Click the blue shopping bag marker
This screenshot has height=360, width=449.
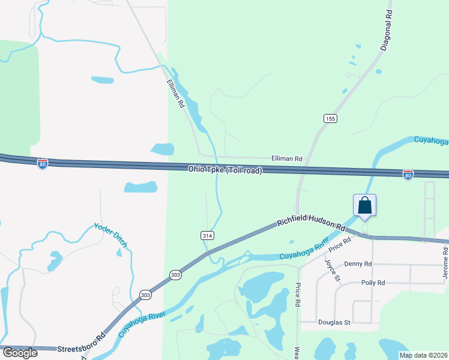click(365, 206)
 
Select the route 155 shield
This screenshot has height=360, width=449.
click(330, 119)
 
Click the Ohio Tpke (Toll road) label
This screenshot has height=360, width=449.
click(225, 170)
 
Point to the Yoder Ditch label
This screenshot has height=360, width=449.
click(111, 235)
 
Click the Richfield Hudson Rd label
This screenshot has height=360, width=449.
click(312, 224)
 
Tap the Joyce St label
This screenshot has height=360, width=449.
click(333, 271)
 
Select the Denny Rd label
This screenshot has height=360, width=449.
click(358, 264)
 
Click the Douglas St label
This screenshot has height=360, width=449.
click(334, 322)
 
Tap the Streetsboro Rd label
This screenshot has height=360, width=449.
click(81, 348)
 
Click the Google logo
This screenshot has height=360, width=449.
click(19, 353)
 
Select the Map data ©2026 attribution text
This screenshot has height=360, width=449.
click(423, 355)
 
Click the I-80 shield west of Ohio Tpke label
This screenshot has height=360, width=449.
click(42, 164)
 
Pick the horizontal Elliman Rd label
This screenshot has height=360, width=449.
click(287, 158)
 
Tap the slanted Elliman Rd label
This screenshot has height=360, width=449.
click(176, 95)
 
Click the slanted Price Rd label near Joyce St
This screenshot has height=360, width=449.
click(339, 244)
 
